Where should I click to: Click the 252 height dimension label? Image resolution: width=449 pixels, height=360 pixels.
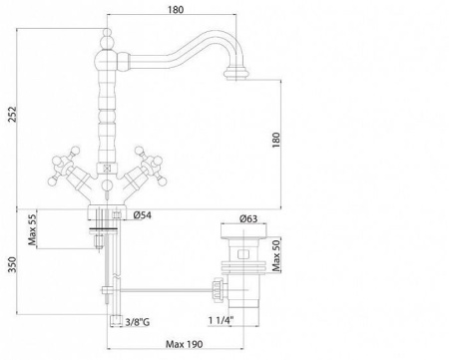12,115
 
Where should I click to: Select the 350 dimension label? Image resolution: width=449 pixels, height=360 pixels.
12,264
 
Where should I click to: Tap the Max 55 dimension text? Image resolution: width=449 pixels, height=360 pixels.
32,230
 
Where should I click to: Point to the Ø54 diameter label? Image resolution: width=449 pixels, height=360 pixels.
142,215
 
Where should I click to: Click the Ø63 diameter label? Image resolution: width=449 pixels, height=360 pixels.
248,218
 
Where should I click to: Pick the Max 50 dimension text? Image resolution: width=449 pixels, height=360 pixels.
276,255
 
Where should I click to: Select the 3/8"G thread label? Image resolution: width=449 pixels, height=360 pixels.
137,322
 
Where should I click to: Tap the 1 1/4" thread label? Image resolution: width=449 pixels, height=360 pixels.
221,321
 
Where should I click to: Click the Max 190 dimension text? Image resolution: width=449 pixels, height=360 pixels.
184,344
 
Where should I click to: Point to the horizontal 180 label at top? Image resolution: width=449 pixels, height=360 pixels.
176,10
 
